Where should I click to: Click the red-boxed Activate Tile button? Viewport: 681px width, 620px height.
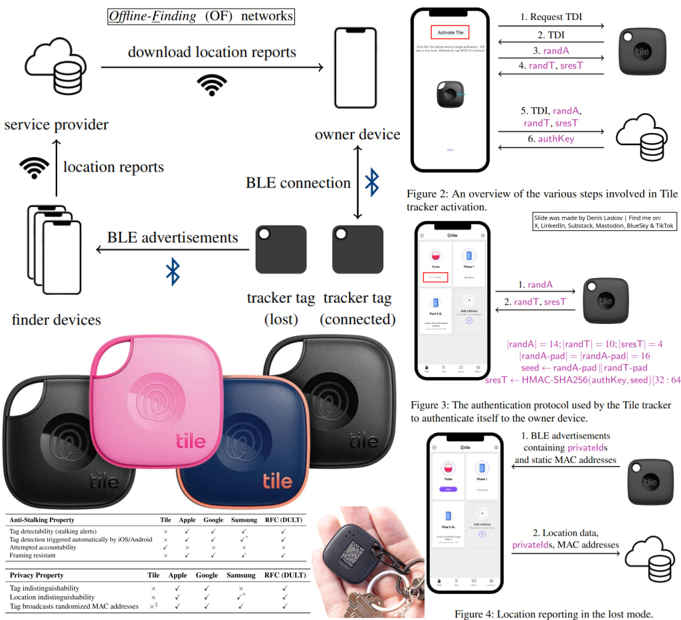click(450, 31)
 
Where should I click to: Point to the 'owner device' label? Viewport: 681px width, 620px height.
click(357, 134)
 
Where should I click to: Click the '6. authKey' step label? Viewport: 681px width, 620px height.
click(550, 138)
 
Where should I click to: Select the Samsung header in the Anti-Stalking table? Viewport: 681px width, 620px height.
click(244, 520)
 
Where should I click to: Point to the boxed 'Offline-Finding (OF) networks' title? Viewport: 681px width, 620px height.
click(201, 15)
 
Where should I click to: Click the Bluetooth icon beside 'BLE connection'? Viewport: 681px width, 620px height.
click(373, 182)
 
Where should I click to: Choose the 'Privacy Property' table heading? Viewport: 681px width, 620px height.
click(37, 575)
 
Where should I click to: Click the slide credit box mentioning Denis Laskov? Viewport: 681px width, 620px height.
click(604, 222)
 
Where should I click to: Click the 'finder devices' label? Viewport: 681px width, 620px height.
click(56, 319)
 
